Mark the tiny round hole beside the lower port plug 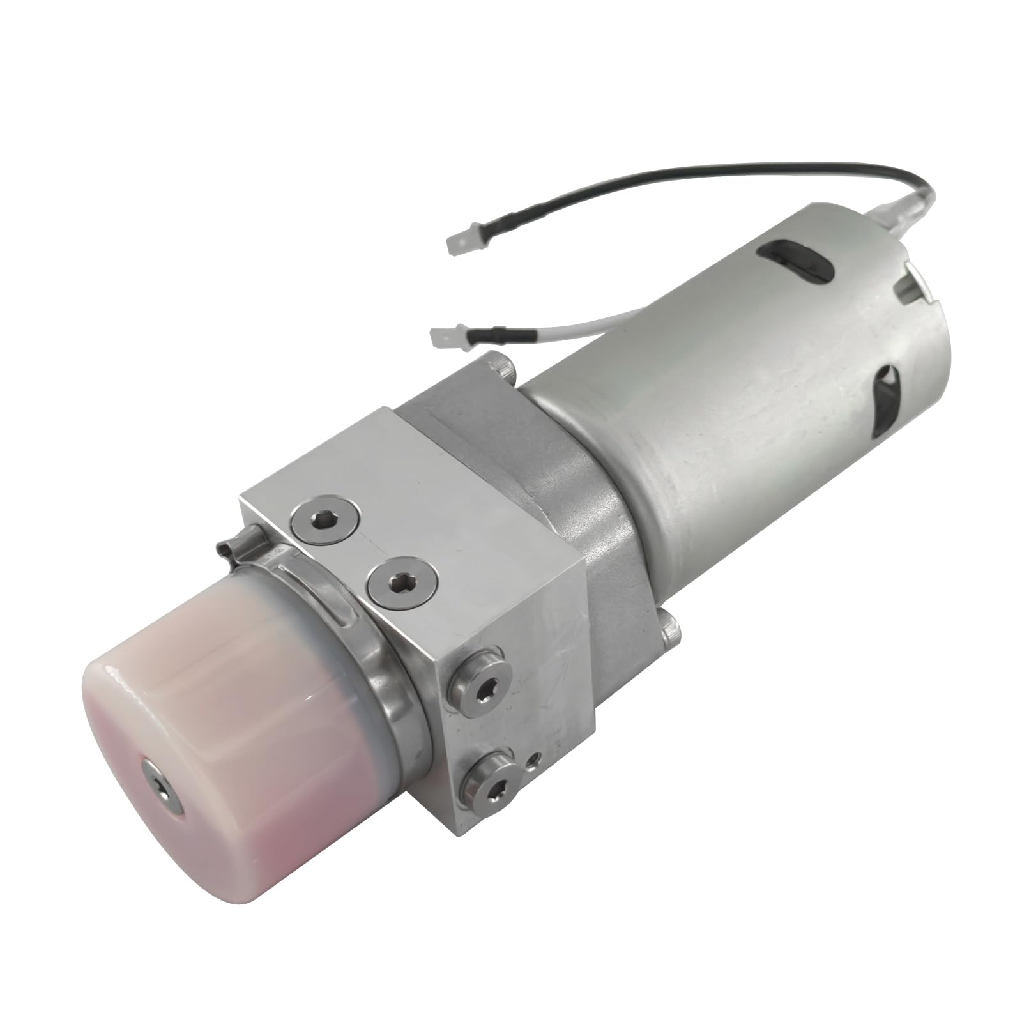pyautogui.click(x=532, y=759)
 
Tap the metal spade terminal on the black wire pyautogui.click(x=461, y=242)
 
